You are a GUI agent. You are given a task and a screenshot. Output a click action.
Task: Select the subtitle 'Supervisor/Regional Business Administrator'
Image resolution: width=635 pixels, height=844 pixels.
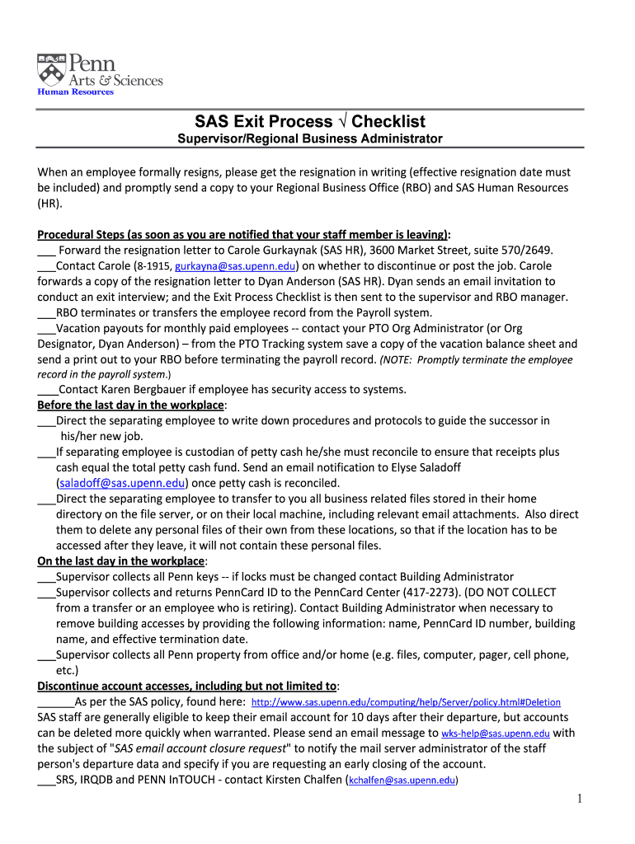point(310,139)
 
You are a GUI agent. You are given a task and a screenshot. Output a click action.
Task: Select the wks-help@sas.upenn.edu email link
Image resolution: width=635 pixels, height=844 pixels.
point(495,734)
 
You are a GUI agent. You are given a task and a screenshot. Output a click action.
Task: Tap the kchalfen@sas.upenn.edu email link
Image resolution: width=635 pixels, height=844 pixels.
point(402,781)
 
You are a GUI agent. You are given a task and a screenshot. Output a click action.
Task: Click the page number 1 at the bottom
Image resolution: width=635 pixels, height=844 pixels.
point(580,799)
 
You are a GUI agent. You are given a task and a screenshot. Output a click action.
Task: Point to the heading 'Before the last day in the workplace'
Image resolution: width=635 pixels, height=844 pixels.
point(130,406)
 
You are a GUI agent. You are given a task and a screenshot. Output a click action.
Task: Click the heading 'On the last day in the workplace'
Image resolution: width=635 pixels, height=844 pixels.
point(121,561)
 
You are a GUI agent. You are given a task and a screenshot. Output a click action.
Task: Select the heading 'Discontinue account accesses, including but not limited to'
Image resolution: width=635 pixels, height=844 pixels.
point(187,687)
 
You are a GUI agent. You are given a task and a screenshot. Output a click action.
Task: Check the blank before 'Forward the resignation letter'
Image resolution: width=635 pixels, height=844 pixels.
point(46,251)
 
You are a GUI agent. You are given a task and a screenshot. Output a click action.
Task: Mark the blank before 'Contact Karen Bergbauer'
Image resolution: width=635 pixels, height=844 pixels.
point(47,390)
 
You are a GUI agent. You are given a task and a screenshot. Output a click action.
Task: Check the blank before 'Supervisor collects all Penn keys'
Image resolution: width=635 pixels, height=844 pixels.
point(46,577)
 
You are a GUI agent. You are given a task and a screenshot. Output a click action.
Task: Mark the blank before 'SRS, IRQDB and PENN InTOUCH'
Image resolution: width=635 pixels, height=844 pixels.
point(46,781)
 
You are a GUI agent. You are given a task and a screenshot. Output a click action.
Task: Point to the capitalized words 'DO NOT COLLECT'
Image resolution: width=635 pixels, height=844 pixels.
point(510,593)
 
